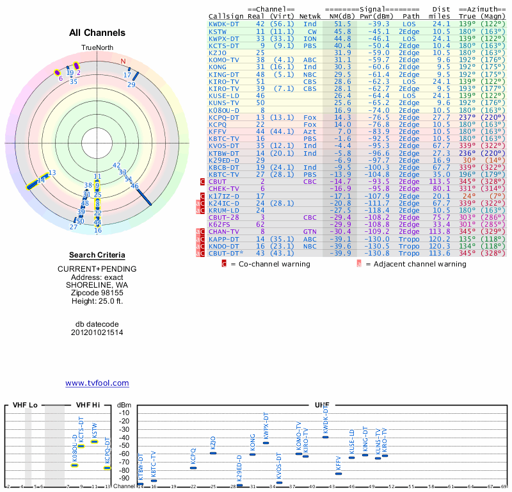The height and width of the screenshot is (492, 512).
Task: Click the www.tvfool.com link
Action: click(x=97, y=383)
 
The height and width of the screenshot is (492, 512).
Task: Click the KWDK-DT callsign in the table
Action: click(x=224, y=24)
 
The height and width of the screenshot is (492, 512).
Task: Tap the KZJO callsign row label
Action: click(x=218, y=52)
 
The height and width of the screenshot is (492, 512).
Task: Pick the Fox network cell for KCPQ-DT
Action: click(x=310, y=117)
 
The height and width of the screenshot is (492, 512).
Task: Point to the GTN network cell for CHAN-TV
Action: click(x=310, y=231)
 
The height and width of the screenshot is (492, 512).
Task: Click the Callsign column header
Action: click(x=227, y=16)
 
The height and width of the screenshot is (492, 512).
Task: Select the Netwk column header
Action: click(x=310, y=16)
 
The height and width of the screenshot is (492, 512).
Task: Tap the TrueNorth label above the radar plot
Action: click(x=97, y=48)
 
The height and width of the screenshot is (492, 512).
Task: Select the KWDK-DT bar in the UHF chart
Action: click(x=326, y=437)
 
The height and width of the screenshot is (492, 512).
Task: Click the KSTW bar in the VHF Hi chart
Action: click(x=95, y=441)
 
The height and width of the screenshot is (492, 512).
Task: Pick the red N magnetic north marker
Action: click(x=124, y=61)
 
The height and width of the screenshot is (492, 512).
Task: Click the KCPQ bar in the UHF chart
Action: click(x=193, y=468)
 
